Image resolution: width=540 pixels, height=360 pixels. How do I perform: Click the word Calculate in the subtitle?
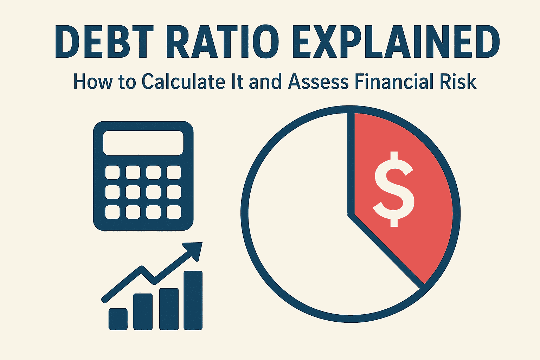183,82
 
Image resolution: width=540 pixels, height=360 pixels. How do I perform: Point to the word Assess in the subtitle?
318,82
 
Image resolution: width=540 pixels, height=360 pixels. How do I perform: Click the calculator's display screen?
143,143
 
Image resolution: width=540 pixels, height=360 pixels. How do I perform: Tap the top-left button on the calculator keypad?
112,173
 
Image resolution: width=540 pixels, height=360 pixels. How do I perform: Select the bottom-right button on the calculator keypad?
174,212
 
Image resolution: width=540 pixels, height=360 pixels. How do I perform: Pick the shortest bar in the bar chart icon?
118,319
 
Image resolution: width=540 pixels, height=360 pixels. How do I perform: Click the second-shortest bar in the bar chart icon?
143,311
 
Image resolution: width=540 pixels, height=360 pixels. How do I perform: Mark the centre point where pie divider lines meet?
351,214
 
